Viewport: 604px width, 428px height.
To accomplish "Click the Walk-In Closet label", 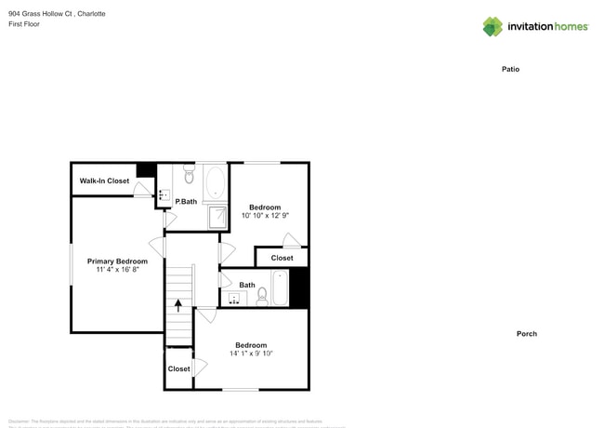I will click(x=104, y=181).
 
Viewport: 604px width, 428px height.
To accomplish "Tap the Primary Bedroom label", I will click(x=117, y=261).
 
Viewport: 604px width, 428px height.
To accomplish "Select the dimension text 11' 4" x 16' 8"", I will click(x=117, y=271).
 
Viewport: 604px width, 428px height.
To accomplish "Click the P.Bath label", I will click(x=187, y=201).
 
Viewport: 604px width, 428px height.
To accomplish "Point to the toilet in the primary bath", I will click(x=189, y=174).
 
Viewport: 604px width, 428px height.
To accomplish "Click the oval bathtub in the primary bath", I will click(x=215, y=181).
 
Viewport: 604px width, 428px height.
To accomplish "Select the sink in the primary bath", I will click(x=164, y=196).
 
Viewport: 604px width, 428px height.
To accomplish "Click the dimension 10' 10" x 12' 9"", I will click(x=270, y=216).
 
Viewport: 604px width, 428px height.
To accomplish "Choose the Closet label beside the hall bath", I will click(x=282, y=258).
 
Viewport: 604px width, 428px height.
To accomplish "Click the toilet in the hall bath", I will click(x=262, y=295).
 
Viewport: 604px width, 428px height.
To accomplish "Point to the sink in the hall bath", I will click(x=234, y=299).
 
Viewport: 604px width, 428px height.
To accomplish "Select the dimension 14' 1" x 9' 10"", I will click(x=251, y=354).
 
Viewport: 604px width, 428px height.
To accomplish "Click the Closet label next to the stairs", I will click(x=178, y=368).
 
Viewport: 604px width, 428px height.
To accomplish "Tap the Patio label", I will click(x=510, y=69).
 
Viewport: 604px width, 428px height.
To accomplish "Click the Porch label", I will click(x=527, y=333).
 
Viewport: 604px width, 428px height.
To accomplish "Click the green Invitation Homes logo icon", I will click(x=492, y=26).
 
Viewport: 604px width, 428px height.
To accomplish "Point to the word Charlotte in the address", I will click(x=90, y=14).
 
